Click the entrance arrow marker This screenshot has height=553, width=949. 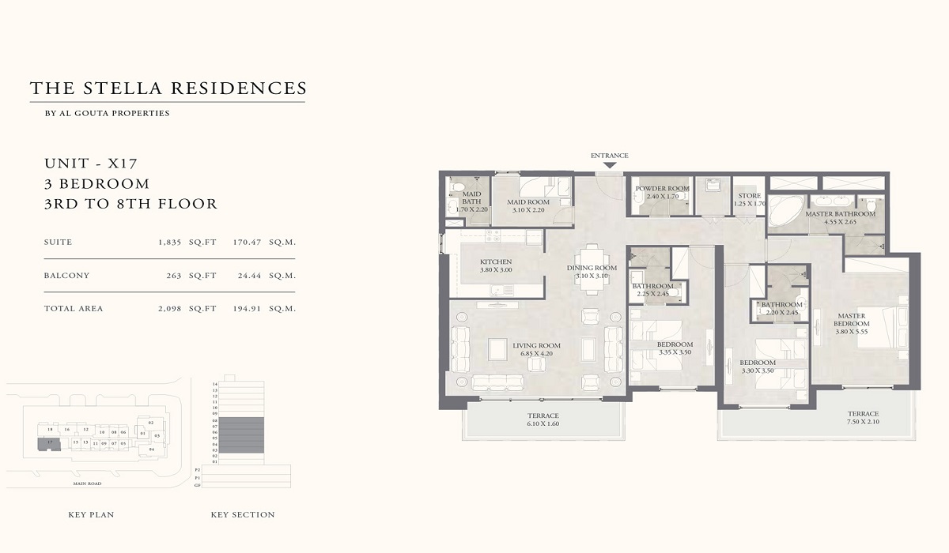(609, 165)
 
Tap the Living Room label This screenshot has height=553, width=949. (536, 345)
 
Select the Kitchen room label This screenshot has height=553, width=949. (496, 262)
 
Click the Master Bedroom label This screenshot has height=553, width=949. (852, 320)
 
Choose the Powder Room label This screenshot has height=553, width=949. (662, 189)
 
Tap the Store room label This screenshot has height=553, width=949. (749, 196)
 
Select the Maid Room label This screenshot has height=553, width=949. (528, 201)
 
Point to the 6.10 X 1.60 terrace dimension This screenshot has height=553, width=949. (543, 424)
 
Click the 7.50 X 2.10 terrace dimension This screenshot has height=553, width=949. (863, 423)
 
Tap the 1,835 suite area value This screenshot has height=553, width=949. (171, 243)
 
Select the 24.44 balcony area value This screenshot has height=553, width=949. (248, 276)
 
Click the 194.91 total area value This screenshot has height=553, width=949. (248, 309)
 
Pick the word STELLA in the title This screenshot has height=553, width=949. (126, 88)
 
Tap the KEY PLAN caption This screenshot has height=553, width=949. (91, 515)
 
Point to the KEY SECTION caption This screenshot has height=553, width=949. (243, 515)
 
